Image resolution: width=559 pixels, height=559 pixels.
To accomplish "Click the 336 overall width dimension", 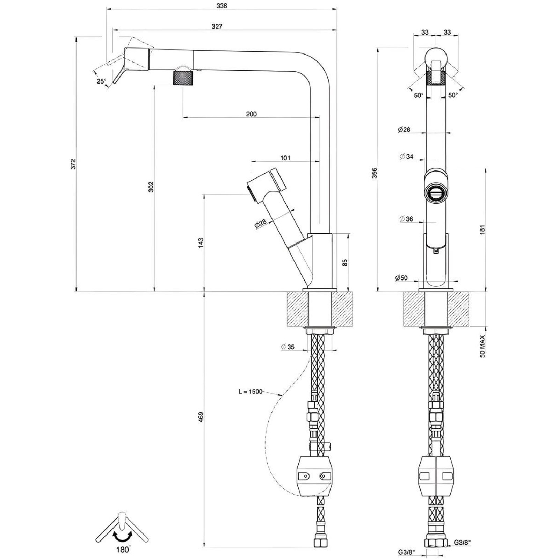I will [x=222, y=6].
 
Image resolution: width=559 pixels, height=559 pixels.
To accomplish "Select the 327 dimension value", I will [x=217, y=27].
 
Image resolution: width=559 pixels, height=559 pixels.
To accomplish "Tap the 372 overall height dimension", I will [x=73, y=164].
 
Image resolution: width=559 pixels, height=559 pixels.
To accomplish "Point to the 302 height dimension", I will [x=151, y=187].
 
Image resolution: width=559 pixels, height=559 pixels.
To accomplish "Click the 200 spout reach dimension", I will [x=251, y=114].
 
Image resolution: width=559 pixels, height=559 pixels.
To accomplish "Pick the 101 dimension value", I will [x=285, y=158].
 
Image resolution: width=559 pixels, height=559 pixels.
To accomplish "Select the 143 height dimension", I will [x=201, y=242].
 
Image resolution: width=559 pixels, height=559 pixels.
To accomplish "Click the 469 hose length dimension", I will [x=201, y=418].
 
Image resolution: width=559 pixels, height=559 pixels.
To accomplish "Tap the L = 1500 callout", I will [x=250, y=392].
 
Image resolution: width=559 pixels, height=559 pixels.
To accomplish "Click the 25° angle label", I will [x=101, y=81].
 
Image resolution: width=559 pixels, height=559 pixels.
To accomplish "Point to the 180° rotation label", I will [x=123, y=550].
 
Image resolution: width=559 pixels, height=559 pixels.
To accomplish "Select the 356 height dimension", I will [x=375, y=173].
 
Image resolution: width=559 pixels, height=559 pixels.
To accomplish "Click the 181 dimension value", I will [x=482, y=230].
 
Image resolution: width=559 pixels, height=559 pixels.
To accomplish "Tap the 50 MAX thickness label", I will [x=482, y=346].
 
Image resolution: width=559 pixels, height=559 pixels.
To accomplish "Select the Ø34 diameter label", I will [x=406, y=157].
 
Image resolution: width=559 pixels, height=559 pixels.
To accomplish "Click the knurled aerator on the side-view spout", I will [x=183, y=77].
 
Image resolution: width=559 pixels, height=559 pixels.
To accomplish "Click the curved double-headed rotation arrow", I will [x=122, y=536].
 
